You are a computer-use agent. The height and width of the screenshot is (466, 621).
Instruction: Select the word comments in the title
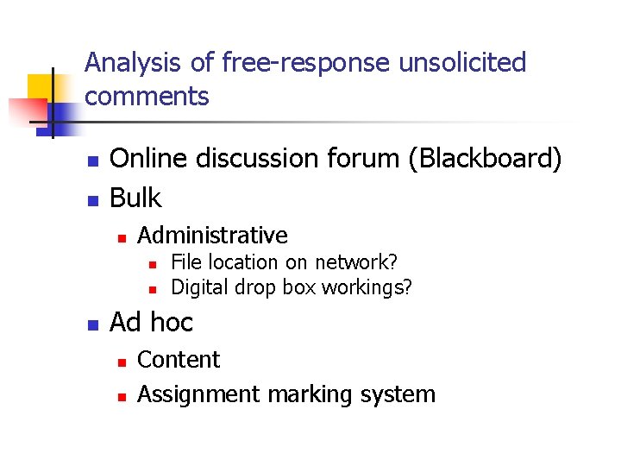pyautogui.click(x=147, y=97)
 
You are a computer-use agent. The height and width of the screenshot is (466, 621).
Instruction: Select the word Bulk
pyautogui.click(x=135, y=198)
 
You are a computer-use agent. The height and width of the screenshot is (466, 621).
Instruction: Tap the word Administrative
pyautogui.click(x=212, y=235)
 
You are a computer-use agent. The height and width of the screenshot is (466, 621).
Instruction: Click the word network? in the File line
pyautogui.click(x=356, y=262)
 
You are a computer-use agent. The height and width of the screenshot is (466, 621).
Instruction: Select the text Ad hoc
pyautogui.click(x=152, y=323)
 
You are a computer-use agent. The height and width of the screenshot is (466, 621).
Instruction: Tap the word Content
pyautogui.click(x=179, y=359)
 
